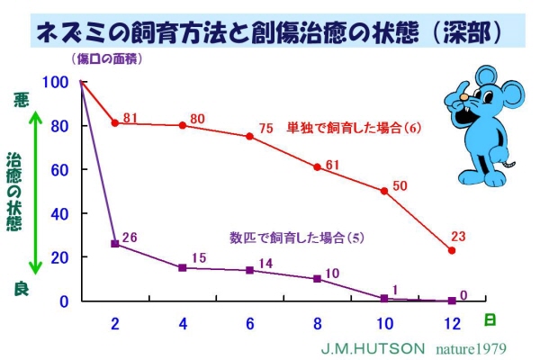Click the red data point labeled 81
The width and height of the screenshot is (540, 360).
point(114,122)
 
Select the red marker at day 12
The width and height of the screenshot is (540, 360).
point(451,250)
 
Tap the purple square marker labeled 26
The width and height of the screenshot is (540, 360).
point(114,244)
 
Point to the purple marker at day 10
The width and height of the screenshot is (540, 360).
point(383,298)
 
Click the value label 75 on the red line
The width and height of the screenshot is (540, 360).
point(265,129)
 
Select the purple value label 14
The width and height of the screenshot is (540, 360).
point(265,263)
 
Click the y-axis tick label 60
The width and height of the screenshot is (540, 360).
point(58,169)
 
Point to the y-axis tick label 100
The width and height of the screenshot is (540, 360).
point(55,82)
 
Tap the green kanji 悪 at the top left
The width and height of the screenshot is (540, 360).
point(22,102)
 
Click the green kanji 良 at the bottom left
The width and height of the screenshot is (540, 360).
point(22,288)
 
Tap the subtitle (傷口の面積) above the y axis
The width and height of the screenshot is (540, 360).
point(106,59)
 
